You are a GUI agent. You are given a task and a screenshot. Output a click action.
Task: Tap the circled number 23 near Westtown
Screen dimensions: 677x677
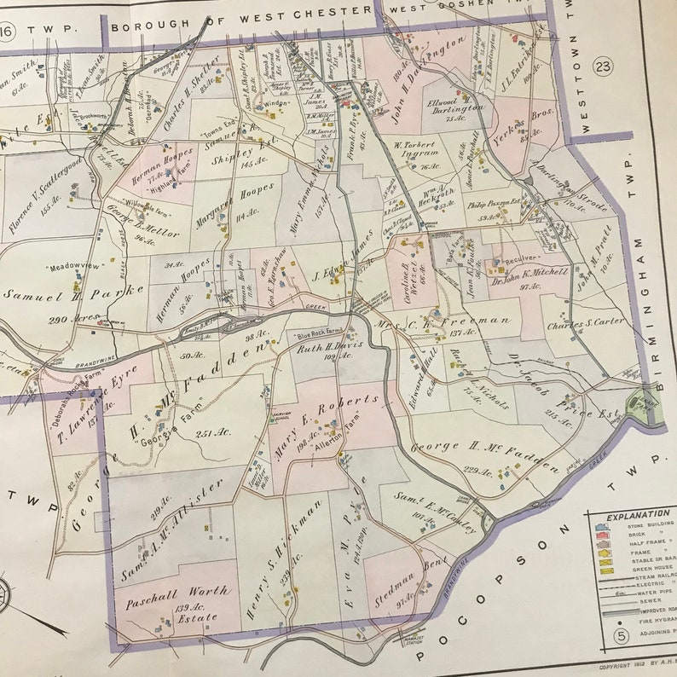tap(603, 66)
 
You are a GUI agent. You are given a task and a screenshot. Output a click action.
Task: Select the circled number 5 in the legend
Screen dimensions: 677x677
tap(622, 636)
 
